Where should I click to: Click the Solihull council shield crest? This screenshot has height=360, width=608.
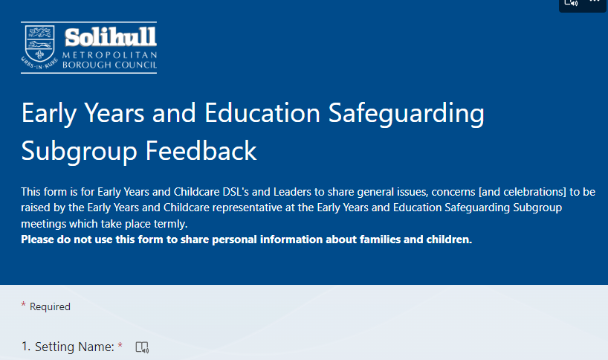coord(39,43)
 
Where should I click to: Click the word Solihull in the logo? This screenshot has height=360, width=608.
coord(111,37)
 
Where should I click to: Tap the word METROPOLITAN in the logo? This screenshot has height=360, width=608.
coord(110,55)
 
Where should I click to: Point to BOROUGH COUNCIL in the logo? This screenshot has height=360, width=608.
coord(110,65)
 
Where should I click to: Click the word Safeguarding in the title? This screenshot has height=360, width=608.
coord(407,114)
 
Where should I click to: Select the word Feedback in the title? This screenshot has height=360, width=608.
coord(201,150)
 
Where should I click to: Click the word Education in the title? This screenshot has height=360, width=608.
coord(262,113)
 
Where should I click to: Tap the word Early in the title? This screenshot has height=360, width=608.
coord(49,114)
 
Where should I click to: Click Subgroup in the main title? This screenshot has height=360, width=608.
coord(79,151)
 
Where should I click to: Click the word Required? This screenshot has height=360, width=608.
coord(50,307)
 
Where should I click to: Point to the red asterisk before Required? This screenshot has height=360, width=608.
coord(23,304)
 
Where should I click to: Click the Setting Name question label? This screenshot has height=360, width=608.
coord(68,347)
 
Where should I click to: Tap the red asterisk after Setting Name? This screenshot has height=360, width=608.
coord(120,344)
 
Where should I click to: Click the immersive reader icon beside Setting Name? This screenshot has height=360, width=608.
coord(142,347)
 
